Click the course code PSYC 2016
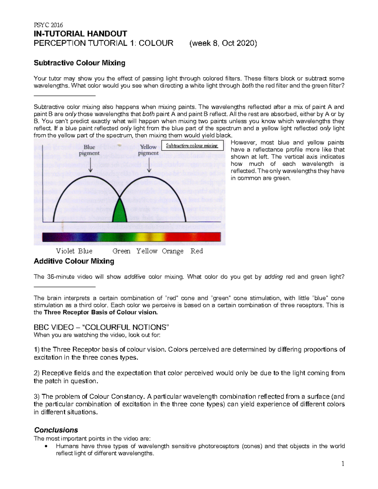[48, 25]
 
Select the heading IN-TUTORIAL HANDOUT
[80, 34]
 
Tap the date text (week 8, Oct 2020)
[223, 43]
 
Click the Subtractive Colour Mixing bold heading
[79, 63]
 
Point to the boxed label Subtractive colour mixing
[192, 145]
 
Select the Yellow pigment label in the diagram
[148, 150]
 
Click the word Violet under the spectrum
[65, 251]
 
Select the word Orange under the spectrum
[173, 251]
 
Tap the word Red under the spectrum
[197, 251]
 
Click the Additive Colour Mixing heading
[74, 261]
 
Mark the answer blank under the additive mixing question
[64, 287]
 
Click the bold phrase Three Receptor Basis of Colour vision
[100, 312]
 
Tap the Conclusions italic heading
[56, 430]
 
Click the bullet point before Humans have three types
[46, 446]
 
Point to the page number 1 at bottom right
[343, 463]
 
